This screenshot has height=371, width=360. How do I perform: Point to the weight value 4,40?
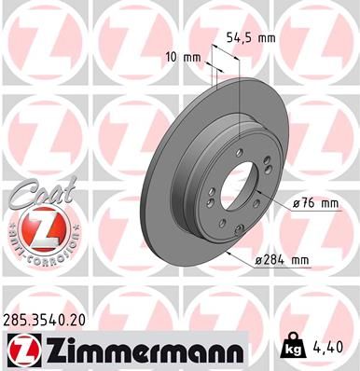pos(338,350)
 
